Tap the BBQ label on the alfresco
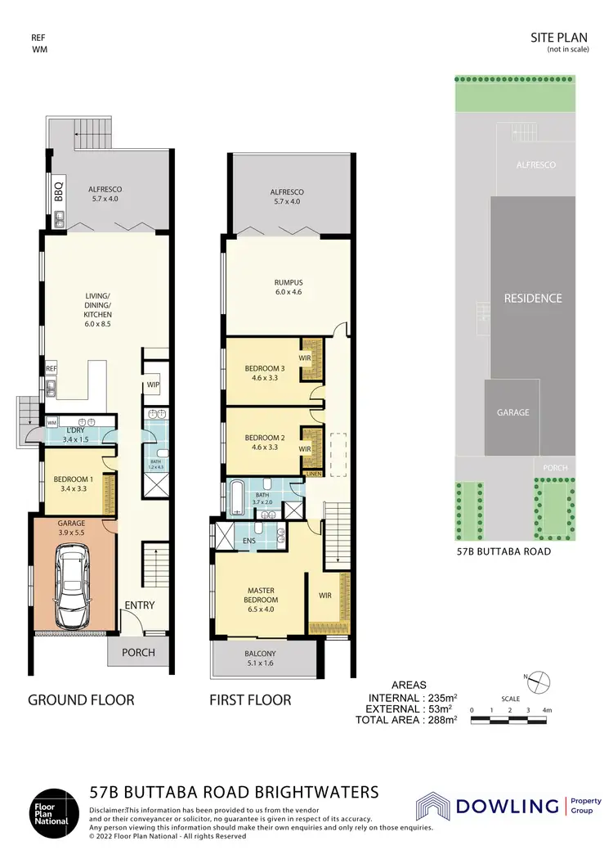pyautogui.click(x=58, y=191)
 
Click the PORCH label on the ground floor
pyautogui.click(x=138, y=653)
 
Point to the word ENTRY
pyautogui.click(x=139, y=605)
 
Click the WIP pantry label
pyautogui.click(x=153, y=385)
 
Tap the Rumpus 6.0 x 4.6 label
pyautogui.click(x=289, y=288)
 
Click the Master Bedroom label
pyautogui.click(x=261, y=595)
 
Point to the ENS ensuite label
pyautogui.click(x=248, y=541)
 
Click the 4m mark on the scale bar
pyautogui.click(x=548, y=709)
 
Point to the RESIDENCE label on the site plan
pyautogui.click(x=532, y=298)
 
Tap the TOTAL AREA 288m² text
pyautogui.click(x=405, y=720)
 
